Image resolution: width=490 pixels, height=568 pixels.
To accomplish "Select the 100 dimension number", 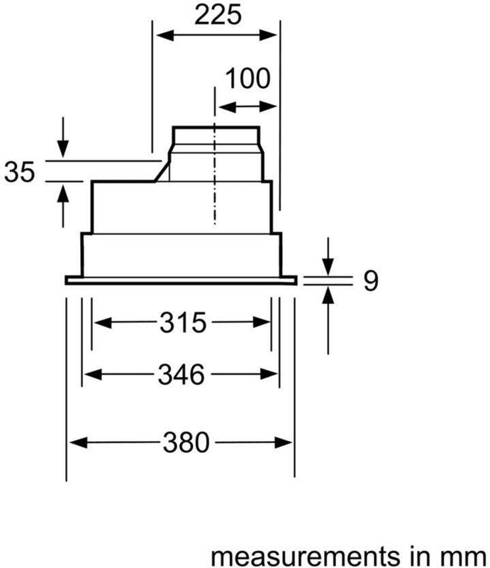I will [x=247, y=78].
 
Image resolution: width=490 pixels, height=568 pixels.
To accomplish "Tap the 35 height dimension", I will [x=19, y=172].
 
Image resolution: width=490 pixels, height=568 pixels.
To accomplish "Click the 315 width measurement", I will [x=182, y=323].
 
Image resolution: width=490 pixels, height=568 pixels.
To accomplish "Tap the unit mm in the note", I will [x=471, y=553].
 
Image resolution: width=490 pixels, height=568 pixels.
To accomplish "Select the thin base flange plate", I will [x=181, y=281].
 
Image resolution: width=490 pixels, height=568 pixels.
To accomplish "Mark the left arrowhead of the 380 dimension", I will [x=74, y=443].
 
